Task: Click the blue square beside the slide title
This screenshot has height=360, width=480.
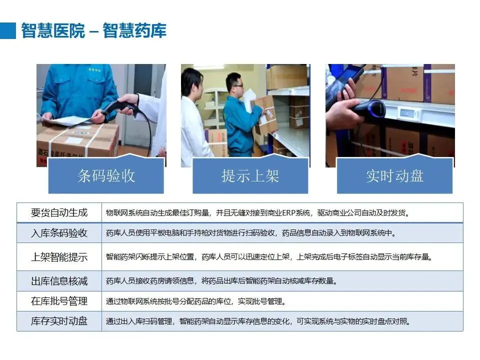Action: click(x=8, y=30)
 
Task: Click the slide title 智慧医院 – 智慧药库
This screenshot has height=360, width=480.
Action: click(x=93, y=30)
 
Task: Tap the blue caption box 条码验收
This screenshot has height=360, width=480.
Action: click(x=106, y=175)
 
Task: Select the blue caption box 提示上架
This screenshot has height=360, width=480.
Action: click(x=250, y=175)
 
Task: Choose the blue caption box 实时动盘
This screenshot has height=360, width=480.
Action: click(x=394, y=175)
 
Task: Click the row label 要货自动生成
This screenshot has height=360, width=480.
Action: click(x=59, y=212)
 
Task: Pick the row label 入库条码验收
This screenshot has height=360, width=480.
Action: click(x=59, y=233)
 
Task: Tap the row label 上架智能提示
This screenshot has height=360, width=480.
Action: click(x=59, y=257)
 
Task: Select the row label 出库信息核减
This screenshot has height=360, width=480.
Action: click(x=59, y=280)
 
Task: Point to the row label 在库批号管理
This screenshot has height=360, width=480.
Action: click(x=59, y=301)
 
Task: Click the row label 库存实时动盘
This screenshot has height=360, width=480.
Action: click(x=59, y=321)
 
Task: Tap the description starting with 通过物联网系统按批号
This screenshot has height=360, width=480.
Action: click(x=196, y=301)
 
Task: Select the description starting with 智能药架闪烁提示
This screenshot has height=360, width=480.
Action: click(x=269, y=257)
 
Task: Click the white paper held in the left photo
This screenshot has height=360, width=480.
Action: click(x=66, y=120)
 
